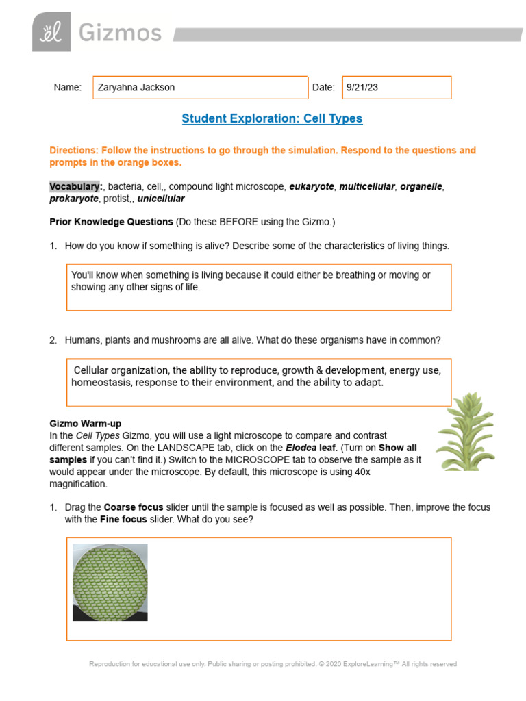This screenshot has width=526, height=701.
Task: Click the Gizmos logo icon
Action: point(51,32)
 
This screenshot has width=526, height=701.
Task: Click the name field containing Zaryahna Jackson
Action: point(200,88)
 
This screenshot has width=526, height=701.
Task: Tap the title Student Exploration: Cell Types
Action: point(272,118)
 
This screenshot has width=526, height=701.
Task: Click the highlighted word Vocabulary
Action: point(75,186)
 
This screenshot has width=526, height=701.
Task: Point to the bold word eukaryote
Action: point(312,186)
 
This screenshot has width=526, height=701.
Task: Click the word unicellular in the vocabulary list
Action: point(161,199)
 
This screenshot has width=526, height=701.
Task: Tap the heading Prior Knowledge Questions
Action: point(111,222)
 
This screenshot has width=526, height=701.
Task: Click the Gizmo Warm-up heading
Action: point(85,424)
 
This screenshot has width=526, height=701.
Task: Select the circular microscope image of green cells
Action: point(110,581)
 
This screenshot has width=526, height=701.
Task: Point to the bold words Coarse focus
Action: point(134,507)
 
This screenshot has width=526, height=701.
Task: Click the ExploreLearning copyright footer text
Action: point(273,664)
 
